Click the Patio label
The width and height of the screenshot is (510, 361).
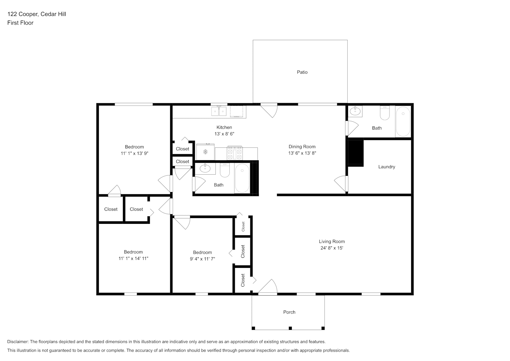[x=302, y=72]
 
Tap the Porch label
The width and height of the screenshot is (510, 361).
[x=289, y=312]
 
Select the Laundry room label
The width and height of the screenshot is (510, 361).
[x=387, y=167]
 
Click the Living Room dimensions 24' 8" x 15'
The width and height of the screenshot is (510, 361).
[x=332, y=248]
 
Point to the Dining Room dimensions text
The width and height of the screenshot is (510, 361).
[x=302, y=153]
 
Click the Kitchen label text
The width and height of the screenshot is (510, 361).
[x=224, y=127]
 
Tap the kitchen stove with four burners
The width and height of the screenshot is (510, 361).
[x=235, y=153]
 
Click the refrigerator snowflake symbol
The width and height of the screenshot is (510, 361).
[x=205, y=152]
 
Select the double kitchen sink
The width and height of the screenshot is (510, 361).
[x=219, y=111]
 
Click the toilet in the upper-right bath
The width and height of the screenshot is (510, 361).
[x=385, y=113]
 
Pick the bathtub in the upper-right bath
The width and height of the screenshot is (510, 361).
[x=403, y=121]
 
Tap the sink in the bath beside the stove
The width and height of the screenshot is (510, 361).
[x=205, y=169]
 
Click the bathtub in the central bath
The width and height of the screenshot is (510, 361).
[x=242, y=178]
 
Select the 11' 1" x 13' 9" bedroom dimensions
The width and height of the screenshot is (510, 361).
[x=134, y=153]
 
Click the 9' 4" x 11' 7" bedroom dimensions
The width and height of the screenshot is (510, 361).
[x=202, y=259]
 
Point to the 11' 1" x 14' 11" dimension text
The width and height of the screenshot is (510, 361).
[x=133, y=258]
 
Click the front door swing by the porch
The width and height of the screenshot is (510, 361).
[x=268, y=286]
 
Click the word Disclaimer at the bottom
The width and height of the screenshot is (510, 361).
[x=18, y=342]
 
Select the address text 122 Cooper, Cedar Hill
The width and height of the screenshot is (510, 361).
[x=37, y=14]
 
